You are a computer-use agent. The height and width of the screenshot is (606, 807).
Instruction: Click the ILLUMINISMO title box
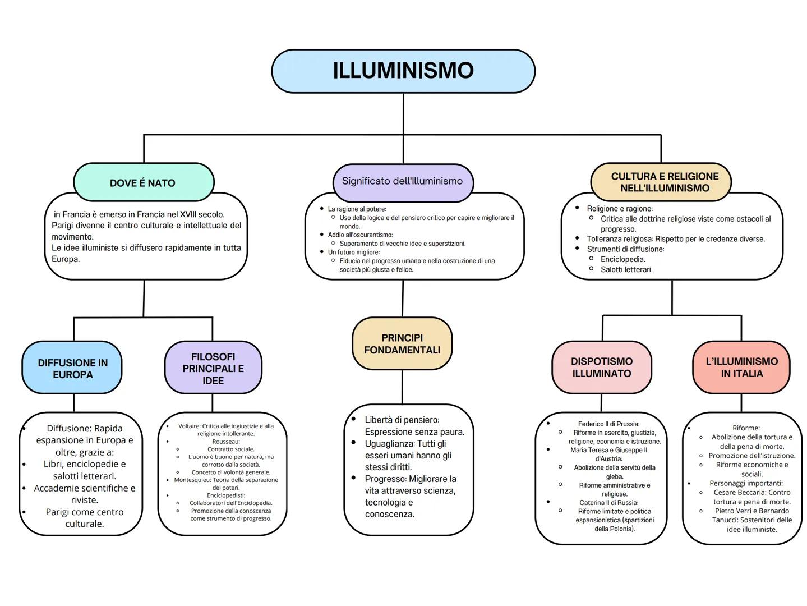pyautogui.click(x=403, y=71)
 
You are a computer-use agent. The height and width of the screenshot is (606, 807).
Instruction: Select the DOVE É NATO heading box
pyautogui.click(x=143, y=183)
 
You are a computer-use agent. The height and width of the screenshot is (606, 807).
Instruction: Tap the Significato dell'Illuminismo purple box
pyautogui.click(x=402, y=181)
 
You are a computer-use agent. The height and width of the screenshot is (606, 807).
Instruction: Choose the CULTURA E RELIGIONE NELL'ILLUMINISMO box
pyautogui.click(x=665, y=182)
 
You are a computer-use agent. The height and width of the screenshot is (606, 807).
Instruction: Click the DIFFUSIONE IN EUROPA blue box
pyautogui.click(x=72, y=369)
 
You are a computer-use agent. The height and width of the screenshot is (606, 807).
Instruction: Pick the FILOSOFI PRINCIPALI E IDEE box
pyautogui.click(x=213, y=369)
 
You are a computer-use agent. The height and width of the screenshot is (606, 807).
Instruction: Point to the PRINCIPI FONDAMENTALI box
pyautogui.click(x=402, y=344)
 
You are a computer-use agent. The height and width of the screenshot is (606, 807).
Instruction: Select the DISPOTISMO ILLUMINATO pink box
pyautogui.click(x=602, y=368)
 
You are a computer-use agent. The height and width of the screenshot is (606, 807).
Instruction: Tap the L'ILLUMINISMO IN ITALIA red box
pyautogui.click(x=741, y=368)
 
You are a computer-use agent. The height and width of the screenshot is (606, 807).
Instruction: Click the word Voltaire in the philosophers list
pyautogui.click(x=189, y=426)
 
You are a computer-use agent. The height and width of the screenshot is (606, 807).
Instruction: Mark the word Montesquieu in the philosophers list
pyautogui.click(x=192, y=480)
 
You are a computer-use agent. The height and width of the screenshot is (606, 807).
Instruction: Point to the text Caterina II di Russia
pyautogui.click(x=608, y=503)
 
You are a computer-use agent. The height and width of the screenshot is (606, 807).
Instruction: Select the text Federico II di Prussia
pyautogui.click(x=608, y=424)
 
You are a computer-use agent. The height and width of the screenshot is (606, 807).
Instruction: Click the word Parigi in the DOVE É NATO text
pyautogui.click(x=63, y=226)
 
